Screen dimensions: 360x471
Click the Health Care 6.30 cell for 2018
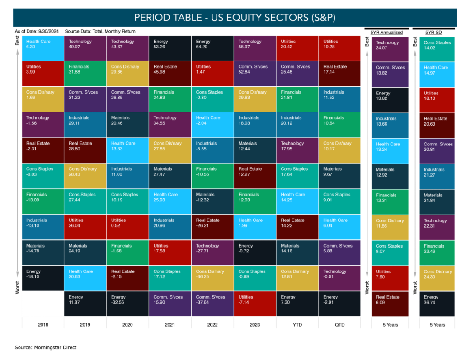[42, 48]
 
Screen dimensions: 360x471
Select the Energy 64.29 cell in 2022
[212, 48]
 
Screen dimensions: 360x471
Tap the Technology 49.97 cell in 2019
[85, 48]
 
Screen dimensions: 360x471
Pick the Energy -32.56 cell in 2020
[127, 304]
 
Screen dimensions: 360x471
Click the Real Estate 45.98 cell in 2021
[170, 74]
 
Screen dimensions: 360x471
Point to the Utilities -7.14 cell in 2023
[255, 304]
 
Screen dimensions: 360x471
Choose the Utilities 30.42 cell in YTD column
[297, 48]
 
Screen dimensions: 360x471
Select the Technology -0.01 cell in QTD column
[340, 278]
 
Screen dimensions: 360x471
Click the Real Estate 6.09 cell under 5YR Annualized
[390, 304]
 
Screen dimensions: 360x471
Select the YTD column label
[297, 324]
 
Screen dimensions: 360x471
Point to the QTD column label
[340, 324]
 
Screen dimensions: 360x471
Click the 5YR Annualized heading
[386, 33]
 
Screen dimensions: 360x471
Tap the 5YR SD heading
[434, 33]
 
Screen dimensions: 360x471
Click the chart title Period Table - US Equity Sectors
[235, 18]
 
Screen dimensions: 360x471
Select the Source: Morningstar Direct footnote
[45, 347]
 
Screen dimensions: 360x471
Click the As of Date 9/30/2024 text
[37, 32]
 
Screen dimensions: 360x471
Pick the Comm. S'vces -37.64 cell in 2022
[212, 304]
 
